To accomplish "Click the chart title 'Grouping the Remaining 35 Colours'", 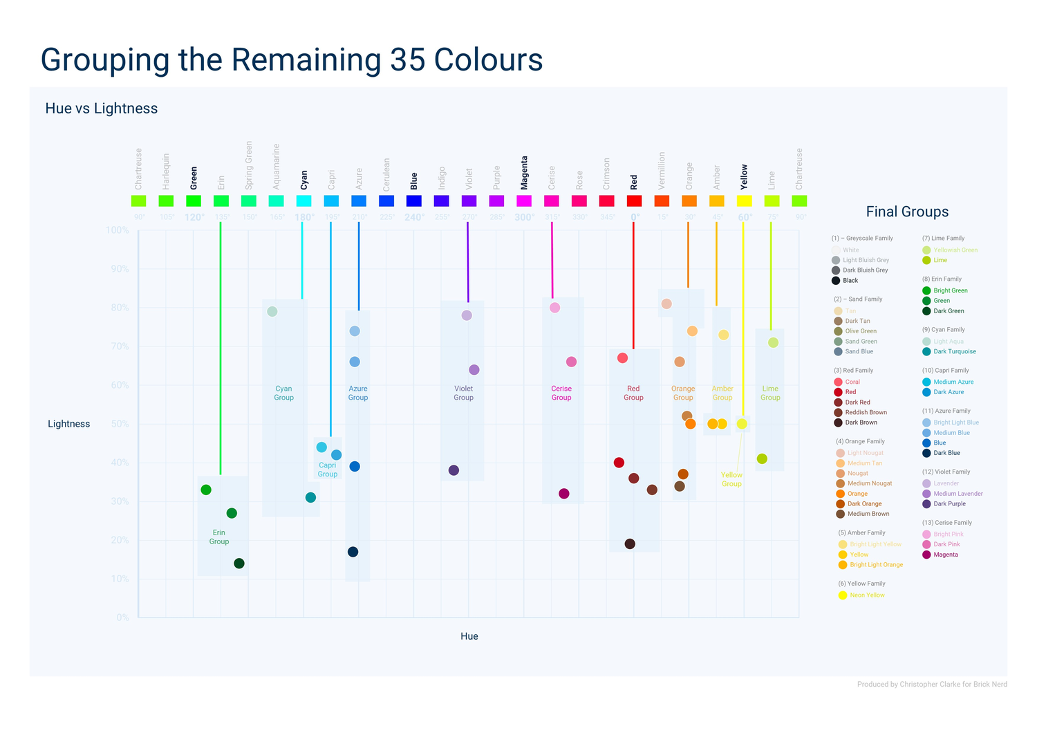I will pos(291,60).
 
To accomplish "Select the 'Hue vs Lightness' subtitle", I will pos(101,109).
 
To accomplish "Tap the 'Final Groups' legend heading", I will pos(907,212).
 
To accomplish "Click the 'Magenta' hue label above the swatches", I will pos(524,172).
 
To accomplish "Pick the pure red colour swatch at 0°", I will pos(634,201).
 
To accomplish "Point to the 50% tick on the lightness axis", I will pos(120,424).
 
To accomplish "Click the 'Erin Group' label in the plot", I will pos(219,537).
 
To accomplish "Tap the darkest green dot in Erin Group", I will pos(239,564).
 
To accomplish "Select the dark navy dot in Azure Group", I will pos(353,552).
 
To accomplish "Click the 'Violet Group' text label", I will pos(463,393).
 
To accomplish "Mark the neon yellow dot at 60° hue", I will pos(742,424).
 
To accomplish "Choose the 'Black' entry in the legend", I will pos(850,281).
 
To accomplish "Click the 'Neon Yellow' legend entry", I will pos(867,595).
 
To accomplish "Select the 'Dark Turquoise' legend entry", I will pos(954,351).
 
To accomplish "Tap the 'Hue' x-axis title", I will pos(469,636).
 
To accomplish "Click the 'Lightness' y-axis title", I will pos(68,424).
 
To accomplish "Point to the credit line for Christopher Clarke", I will pos(931,685).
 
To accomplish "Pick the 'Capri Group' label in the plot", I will pos(328,470).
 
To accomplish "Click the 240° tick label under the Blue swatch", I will pos(413,217).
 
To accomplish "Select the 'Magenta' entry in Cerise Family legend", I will pos(945,555).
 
